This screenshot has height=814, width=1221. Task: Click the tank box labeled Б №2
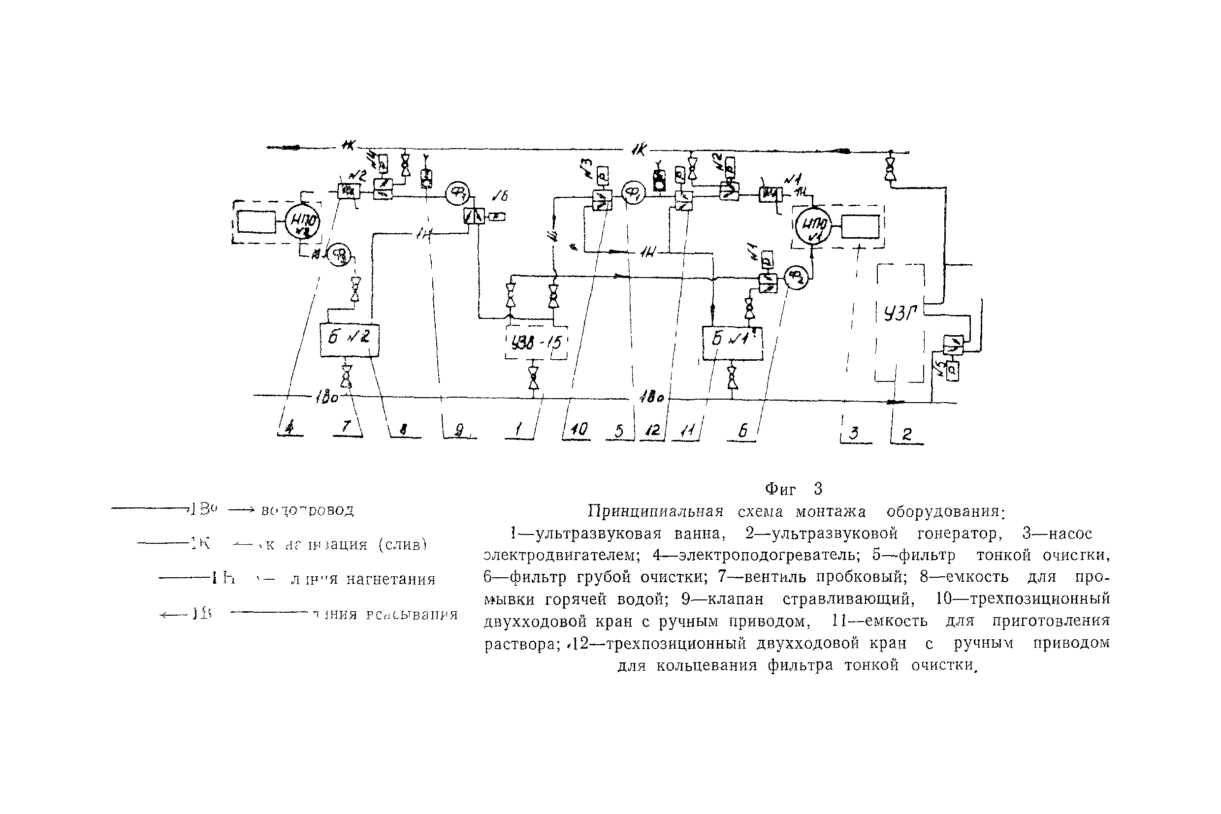350,340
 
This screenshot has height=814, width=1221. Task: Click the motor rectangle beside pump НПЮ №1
860,226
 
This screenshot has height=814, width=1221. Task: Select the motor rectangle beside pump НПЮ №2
257,222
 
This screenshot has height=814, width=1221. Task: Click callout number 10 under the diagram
578,429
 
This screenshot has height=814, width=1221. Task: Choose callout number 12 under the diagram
652,430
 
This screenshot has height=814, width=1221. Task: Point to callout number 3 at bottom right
854,433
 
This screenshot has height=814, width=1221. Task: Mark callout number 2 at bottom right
907,434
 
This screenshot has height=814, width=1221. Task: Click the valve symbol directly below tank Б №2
346,376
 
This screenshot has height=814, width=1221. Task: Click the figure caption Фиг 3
794,489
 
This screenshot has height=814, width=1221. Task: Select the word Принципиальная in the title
655,512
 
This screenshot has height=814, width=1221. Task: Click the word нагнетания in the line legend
390,579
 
